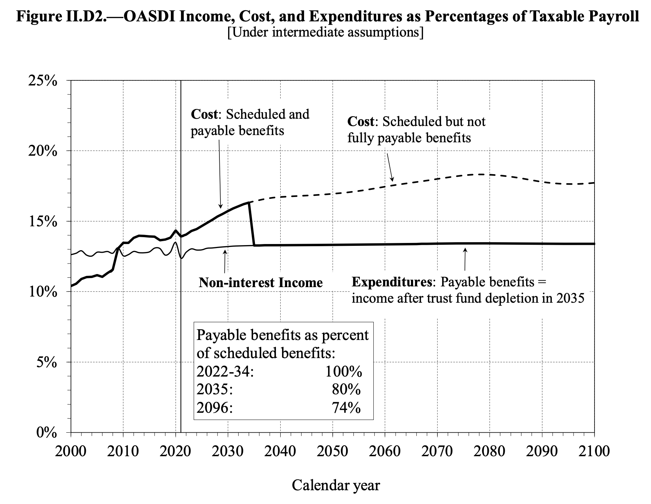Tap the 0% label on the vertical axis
(47, 433)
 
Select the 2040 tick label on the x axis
(280, 451)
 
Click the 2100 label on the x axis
(594, 451)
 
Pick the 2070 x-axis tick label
(437, 451)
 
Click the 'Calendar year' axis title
(336, 485)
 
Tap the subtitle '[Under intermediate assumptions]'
(325, 32)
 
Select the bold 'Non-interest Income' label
(260, 282)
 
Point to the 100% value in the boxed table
(343, 371)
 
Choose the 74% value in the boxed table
(346, 408)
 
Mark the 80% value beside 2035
(346, 390)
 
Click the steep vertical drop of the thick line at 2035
(252, 224)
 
